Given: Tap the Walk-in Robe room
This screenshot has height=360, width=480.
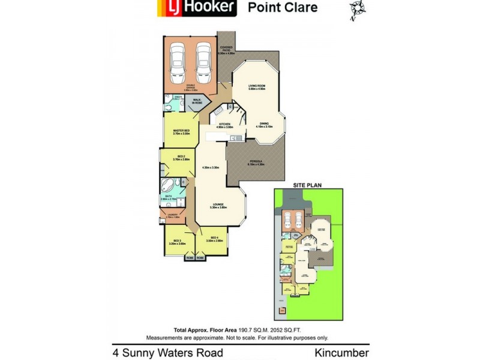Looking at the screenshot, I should (197, 102).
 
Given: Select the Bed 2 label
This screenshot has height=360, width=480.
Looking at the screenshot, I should (181, 158).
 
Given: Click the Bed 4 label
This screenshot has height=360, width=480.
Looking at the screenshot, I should (214, 239).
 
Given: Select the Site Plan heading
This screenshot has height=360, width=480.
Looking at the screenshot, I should (304, 184).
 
